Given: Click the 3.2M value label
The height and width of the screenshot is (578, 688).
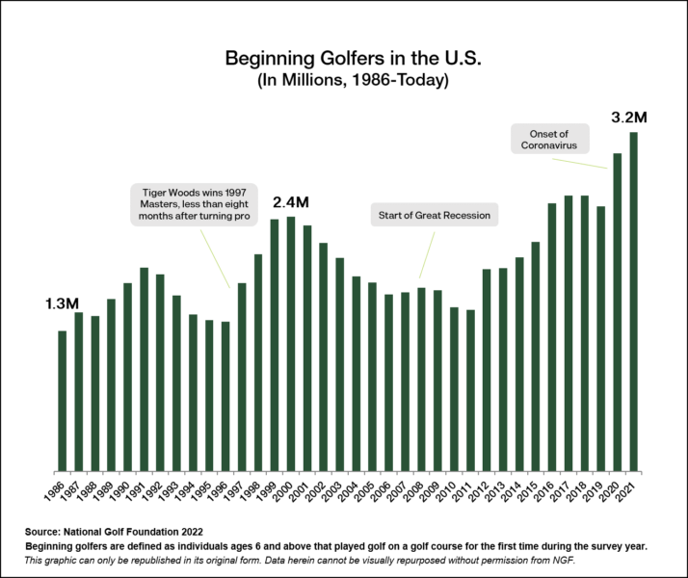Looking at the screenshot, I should click(x=629, y=118).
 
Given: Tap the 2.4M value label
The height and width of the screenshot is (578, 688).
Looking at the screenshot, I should click(x=290, y=203).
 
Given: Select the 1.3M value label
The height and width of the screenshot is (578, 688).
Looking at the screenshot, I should click(x=62, y=304).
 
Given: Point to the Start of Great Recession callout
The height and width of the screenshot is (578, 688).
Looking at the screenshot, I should click(x=435, y=215).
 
